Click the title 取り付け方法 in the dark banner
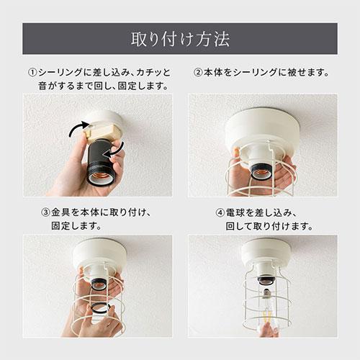(180, 37)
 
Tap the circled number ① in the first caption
(32, 73)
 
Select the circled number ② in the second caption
(199, 73)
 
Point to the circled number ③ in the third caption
(45, 213)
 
